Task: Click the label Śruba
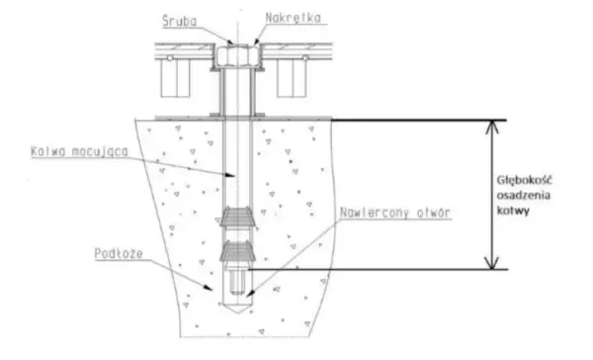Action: pos(180,21)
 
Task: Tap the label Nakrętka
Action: pos(294,18)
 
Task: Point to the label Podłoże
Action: pos(119,253)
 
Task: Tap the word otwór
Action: pos(434,213)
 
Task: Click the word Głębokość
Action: pos(524,181)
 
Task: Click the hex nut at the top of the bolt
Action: pos(237,54)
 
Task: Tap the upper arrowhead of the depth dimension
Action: pos(492,128)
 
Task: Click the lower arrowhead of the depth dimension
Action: pos(492,263)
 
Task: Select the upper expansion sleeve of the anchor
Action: pos(238,218)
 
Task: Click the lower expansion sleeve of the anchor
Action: pos(238,251)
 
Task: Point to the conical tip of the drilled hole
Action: pos(237,308)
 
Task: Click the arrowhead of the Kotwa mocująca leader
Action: pos(229,175)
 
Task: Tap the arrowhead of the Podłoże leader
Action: pos(208,288)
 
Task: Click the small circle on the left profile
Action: pos(170,58)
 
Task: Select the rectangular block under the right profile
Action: pos(292,78)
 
